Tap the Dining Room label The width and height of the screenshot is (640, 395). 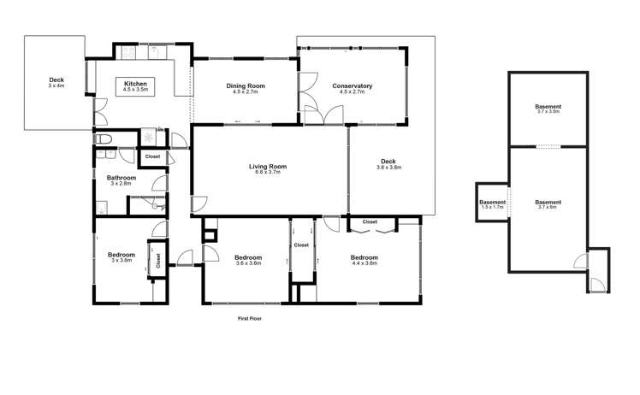click(245, 85)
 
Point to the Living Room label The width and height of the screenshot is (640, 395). click(268, 167)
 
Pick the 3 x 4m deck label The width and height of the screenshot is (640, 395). click(56, 80)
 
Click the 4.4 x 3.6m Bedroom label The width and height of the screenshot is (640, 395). click(364, 257)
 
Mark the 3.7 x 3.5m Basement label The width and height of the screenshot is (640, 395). click(548, 107)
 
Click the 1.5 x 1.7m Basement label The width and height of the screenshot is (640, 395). click(493, 203)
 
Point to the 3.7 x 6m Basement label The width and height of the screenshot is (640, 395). click(548, 203)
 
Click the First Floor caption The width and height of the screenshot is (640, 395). click(249, 318)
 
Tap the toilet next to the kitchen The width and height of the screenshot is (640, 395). click(103, 139)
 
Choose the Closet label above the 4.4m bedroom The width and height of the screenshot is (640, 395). click(370, 221)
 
